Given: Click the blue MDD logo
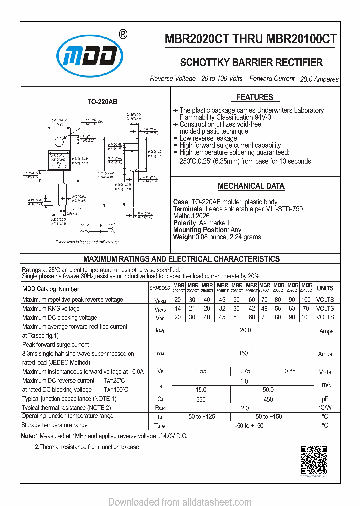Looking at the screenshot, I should coord(89,56).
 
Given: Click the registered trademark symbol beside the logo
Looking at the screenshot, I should coord(123,34).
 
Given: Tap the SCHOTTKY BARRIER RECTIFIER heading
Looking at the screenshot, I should coord(251,62).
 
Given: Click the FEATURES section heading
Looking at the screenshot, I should coord(254,97).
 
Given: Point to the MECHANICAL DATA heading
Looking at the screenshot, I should coord(251,186).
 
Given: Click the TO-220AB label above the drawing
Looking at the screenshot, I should coord(102,102).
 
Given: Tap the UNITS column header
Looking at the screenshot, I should coord(325,288).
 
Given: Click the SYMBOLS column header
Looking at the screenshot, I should coord(160,289).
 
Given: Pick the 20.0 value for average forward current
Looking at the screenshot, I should coord(245,330).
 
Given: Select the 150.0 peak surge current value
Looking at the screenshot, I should coord(245,353).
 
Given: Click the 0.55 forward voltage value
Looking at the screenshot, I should coord(201,371).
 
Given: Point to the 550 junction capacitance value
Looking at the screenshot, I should coord(201,399).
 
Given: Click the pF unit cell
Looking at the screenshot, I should coord(325,399).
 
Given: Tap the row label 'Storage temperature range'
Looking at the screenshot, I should coord(54,425).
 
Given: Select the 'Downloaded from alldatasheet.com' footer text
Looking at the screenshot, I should coord(180,502).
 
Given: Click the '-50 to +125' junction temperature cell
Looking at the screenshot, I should coord(201,416).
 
